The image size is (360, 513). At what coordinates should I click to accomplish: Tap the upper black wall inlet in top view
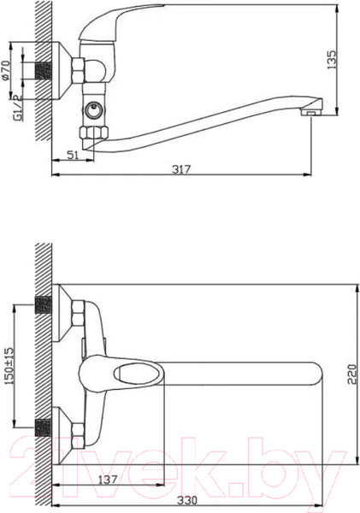point(43,305)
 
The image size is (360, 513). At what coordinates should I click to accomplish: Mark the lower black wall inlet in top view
point(43,425)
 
